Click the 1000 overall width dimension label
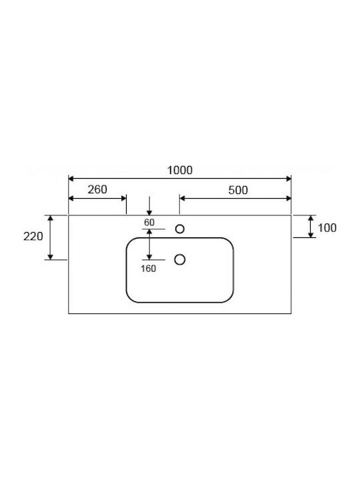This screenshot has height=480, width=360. pos(180,170)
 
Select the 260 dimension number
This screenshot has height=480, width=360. pos(97,189)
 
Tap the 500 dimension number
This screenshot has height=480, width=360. pos(238,190)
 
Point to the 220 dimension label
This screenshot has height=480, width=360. pos(33,236)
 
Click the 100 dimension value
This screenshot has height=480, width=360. pos(327,228)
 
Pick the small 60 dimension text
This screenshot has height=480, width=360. pos(149,223)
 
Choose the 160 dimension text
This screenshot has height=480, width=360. pos(148,269)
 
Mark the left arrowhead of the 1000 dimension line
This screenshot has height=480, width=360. pos(71,179)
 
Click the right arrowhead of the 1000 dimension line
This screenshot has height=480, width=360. pos(289,179)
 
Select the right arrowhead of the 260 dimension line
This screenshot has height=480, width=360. pos(124,199)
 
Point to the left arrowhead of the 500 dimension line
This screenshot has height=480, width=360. pos(182,199)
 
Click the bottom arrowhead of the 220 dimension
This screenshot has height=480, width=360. pos(51,257)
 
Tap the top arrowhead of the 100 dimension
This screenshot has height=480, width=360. pos(311,218)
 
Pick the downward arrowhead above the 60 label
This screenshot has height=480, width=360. pos(149,213)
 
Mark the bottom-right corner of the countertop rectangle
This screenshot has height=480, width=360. pos(291,313)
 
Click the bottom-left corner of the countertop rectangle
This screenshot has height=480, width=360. pos(69,313)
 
